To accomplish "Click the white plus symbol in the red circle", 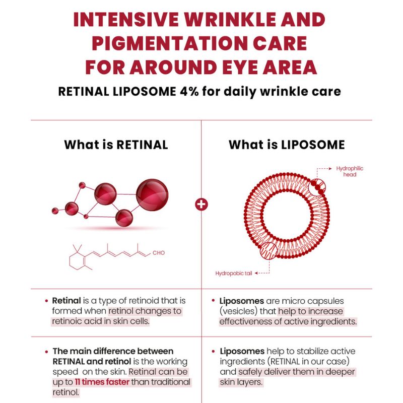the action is click(x=201, y=205).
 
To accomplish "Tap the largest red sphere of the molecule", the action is click(x=152, y=195).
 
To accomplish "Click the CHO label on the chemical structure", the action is click(x=159, y=253).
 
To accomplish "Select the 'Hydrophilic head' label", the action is click(x=350, y=171).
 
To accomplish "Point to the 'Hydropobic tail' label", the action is click(x=234, y=273).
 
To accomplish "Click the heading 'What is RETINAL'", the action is click(x=116, y=145).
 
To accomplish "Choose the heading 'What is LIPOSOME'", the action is click(x=287, y=145).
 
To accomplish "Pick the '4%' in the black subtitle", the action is click(x=189, y=92).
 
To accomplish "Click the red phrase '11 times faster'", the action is click(x=102, y=382).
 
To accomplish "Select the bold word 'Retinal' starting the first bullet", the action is click(x=66, y=300).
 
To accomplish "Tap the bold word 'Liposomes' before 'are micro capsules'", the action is click(x=242, y=301).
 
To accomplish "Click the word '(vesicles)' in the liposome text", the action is click(x=238, y=311).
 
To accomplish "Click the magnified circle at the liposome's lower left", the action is click(x=268, y=251).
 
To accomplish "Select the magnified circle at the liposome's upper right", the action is click(x=317, y=187).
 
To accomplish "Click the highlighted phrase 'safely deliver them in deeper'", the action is click(x=296, y=372).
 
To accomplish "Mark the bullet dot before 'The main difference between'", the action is click(x=46, y=352).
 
